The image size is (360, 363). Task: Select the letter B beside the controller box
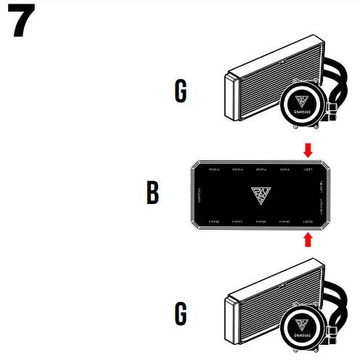click(x=152, y=194)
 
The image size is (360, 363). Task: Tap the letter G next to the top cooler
click(x=180, y=91)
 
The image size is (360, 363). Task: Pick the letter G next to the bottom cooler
click(x=180, y=314)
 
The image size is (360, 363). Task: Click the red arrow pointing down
click(x=308, y=150)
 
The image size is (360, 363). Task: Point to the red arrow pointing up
click(x=308, y=239)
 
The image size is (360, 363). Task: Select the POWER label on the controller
click(x=200, y=195)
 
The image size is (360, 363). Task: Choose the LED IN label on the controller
click(x=322, y=184)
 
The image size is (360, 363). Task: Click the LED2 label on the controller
click(x=308, y=221)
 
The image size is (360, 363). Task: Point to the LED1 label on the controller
click(x=308, y=170)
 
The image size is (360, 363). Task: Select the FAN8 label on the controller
click(x=214, y=221)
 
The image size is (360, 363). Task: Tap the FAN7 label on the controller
click(x=237, y=221)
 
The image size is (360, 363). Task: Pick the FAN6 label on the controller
click(x=261, y=221)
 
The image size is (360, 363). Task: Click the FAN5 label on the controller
click(x=285, y=221)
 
